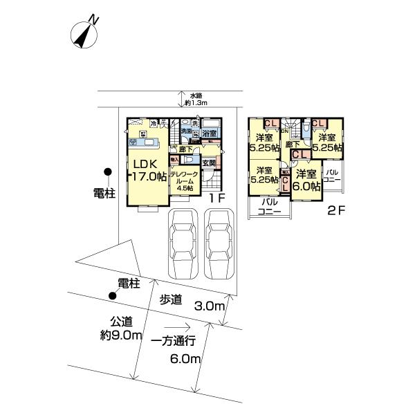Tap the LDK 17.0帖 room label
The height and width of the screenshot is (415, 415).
(x=146, y=170)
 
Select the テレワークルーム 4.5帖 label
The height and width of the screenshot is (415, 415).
(x=183, y=181)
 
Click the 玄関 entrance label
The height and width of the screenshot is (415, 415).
(x=210, y=163)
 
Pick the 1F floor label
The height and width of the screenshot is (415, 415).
(x=219, y=197)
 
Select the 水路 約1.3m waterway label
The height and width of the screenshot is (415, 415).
(x=196, y=99)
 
